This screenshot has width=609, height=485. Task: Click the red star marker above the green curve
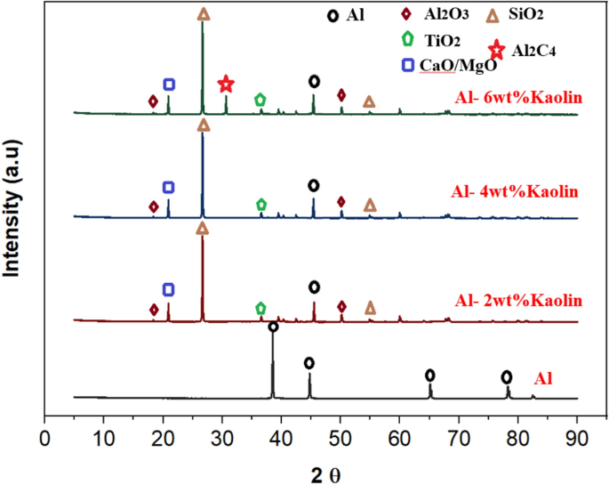[x=226, y=84]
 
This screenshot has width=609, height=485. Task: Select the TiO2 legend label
[x=443, y=40]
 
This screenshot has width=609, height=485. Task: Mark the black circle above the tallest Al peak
[x=273, y=327]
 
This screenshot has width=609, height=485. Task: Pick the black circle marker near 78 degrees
[x=507, y=376]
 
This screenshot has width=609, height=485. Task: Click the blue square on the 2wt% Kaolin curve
[x=168, y=290]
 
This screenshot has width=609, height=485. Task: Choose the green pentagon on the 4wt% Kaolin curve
[x=260, y=205]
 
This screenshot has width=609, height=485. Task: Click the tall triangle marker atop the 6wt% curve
[x=204, y=14]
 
